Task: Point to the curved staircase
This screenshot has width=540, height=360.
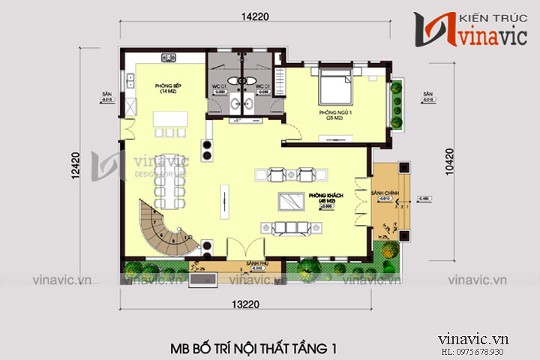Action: [x=163, y=228]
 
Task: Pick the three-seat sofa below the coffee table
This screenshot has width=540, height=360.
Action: [x=291, y=226]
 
